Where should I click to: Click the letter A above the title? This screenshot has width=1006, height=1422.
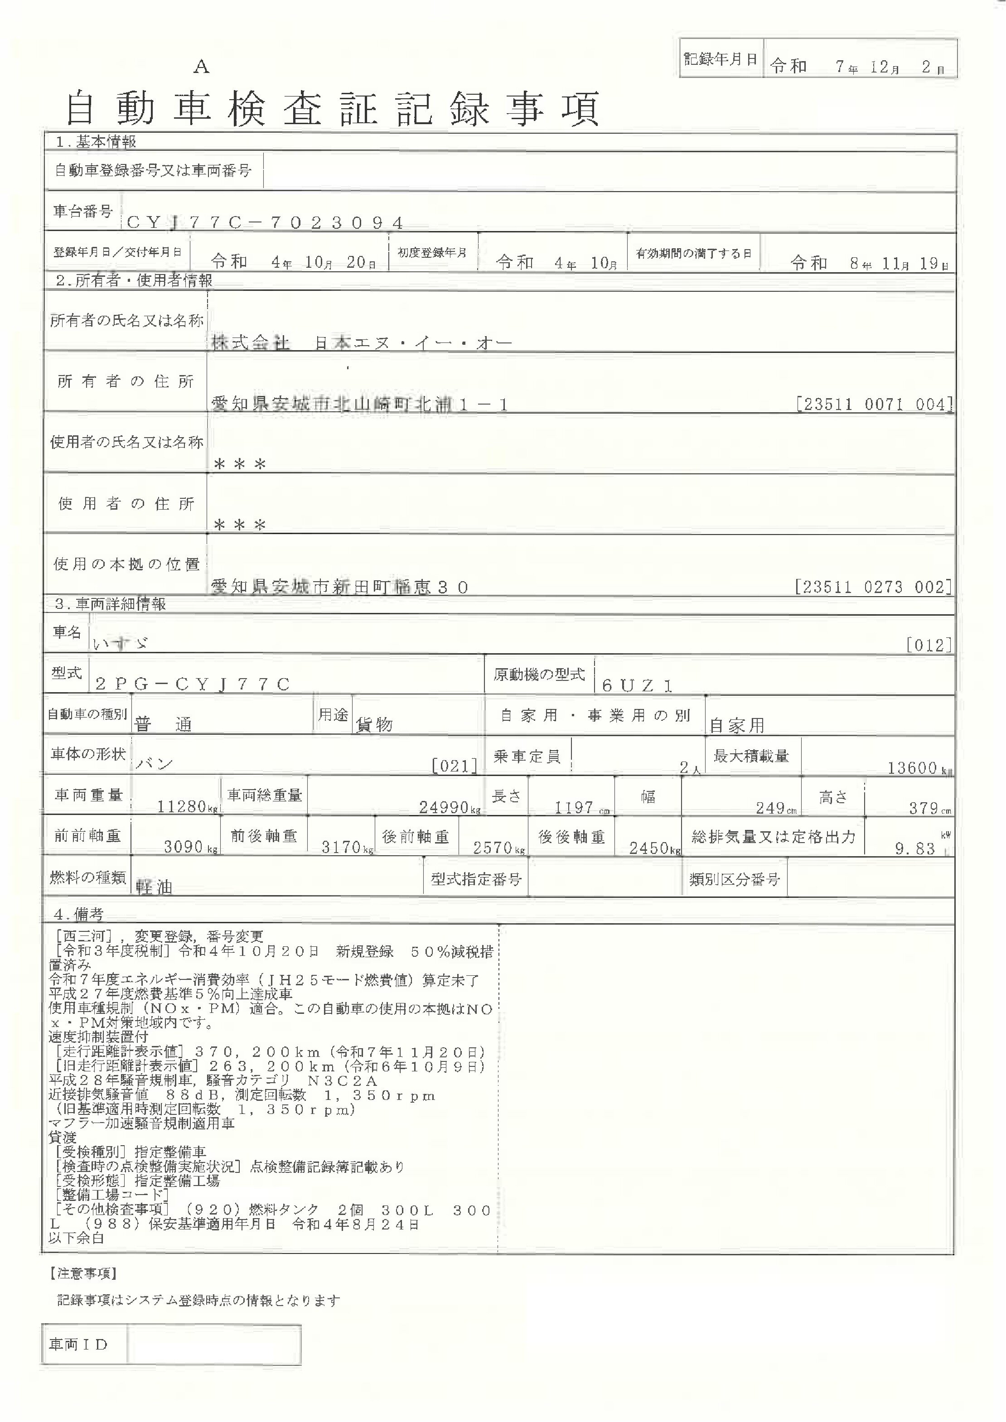coord(201,67)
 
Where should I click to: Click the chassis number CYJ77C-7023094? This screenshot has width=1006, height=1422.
coord(265,222)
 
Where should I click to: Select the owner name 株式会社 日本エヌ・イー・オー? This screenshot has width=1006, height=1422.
coord(362,342)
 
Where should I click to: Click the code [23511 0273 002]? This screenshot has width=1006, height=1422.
coord(873,587)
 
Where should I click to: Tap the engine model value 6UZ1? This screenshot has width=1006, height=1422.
coord(637,685)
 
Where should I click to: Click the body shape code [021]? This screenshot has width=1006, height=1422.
coord(455,766)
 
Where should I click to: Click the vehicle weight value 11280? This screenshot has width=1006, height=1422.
coord(182,806)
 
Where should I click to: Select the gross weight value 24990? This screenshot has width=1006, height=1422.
coord(444,807)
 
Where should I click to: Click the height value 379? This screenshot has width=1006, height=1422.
coord(923,808)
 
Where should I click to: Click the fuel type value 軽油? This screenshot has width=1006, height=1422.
coord(154,887)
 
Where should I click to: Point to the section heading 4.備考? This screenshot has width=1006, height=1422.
coord(79,914)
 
